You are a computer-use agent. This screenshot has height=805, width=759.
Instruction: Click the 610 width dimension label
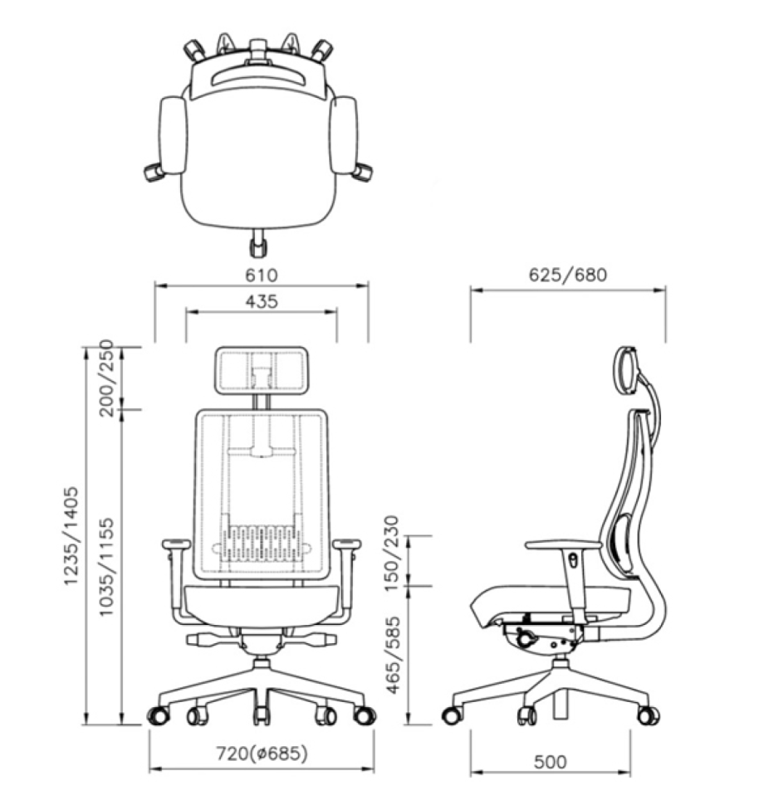point(261,275)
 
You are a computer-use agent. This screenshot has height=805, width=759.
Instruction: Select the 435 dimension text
point(261,301)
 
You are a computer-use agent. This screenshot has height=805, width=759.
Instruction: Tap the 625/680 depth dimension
point(568,275)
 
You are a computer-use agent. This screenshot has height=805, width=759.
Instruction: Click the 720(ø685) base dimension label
point(262,754)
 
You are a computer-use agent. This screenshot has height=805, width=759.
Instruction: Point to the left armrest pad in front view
point(175,544)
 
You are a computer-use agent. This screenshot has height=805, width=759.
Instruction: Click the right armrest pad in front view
point(347,544)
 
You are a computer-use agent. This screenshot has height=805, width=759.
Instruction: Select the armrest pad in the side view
point(563,544)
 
